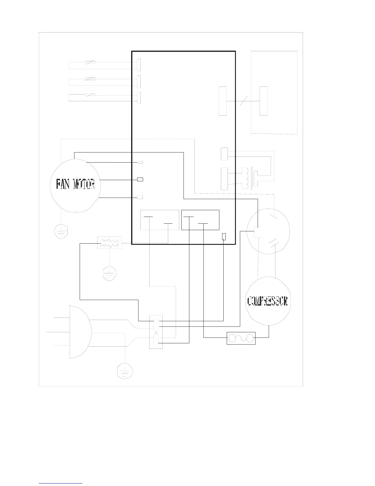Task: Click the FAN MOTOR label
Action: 75,184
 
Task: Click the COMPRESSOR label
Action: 267,301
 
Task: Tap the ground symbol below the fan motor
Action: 61,231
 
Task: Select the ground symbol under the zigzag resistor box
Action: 109,274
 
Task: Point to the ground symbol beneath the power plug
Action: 125,371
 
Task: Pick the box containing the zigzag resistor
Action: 109,243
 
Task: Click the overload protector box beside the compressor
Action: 241,338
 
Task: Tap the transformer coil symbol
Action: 250,178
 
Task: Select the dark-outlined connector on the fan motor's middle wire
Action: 140,179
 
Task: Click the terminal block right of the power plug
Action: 156,332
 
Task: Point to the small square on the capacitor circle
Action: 258,232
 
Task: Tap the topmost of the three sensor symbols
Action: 90,62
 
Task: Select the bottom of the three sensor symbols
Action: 90,95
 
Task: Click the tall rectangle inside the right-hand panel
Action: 263,101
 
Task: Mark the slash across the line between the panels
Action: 244,100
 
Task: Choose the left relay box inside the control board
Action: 160,220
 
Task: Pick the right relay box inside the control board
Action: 200,220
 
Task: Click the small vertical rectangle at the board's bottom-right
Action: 224,237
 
